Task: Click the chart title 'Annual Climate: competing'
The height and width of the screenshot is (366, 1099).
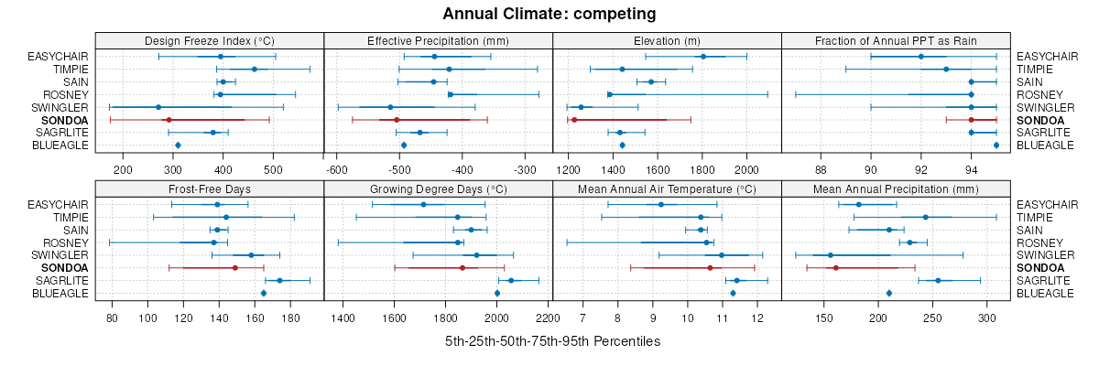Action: point(549,14)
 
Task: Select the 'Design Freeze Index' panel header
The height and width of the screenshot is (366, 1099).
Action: point(210,40)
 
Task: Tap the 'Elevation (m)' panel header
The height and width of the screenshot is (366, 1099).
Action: point(667,40)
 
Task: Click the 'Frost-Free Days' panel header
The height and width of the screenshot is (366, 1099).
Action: point(210,188)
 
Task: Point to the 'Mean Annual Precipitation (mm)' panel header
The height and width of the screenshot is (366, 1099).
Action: point(896,188)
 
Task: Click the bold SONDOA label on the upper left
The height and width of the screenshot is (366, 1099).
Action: point(65,120)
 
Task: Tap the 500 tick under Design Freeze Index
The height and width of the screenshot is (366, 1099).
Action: point(272,169)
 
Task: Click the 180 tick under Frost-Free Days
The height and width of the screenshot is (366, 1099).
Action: point(291,318)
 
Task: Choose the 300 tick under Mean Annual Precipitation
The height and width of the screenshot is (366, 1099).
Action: point(987,318)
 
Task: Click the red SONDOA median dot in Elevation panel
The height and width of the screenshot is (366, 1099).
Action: point(573,120)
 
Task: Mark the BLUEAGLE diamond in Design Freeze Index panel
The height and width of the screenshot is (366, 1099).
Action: point(178,145)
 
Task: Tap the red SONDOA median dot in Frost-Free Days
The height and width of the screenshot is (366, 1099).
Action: point(235,267)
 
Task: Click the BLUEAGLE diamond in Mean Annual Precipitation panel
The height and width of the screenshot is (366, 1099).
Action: point(889,293)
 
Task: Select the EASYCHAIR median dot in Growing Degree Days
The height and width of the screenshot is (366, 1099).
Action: point(423,204)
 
